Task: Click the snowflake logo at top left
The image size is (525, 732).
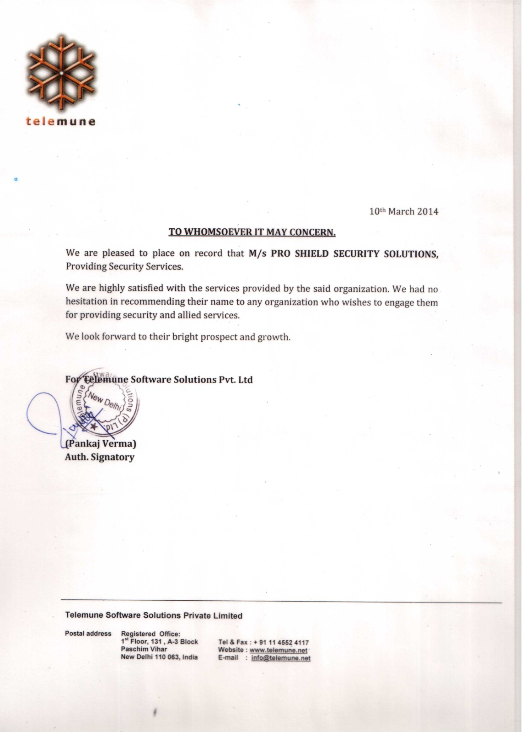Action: (61, 73)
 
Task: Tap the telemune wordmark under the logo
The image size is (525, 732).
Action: (61, 122)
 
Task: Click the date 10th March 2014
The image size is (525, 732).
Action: (403, 211)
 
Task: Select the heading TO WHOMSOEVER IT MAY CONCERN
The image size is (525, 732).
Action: (252, 232)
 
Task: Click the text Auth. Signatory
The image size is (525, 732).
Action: (100, 457)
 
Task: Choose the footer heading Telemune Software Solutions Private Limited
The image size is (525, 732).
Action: (154, 615)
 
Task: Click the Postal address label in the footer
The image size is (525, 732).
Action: (88, 634)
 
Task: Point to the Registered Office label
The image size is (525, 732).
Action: (150, 634)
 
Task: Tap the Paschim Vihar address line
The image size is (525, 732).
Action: (144, 649)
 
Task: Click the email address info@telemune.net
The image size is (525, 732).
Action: (281, 658)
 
